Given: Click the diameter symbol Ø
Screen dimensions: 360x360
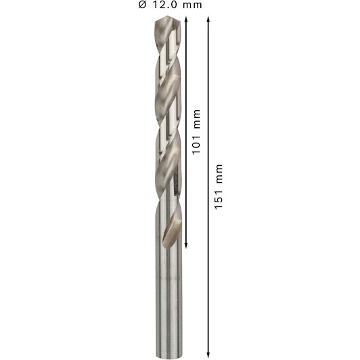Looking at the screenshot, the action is [142, 5].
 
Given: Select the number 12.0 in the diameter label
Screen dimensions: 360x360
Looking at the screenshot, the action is [165, 5].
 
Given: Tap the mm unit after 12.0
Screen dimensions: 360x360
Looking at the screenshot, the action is [192, 5].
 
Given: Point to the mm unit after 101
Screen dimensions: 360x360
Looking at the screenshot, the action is [197, 119].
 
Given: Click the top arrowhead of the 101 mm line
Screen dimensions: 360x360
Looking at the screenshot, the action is [186, 19].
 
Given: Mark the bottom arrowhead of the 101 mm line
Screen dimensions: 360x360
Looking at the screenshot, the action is [186, 245].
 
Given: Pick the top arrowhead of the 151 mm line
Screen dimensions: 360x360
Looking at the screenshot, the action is [208, 19].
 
